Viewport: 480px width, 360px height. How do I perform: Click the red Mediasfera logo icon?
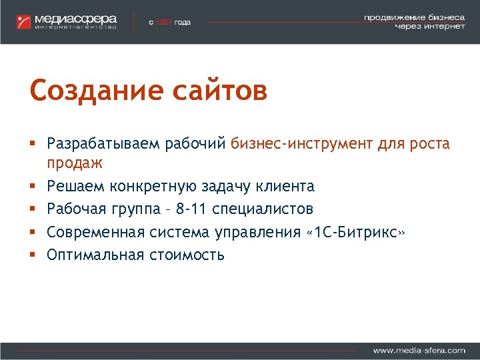[25, 21]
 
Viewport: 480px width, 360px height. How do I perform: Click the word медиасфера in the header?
[75, 18]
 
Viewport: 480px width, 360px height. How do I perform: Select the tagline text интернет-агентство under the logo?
[75, 27]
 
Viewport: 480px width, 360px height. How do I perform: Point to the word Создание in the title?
[87, 90]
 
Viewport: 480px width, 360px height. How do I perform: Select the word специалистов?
[263, 209]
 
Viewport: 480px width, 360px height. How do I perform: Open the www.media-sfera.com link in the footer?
[419, 350]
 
